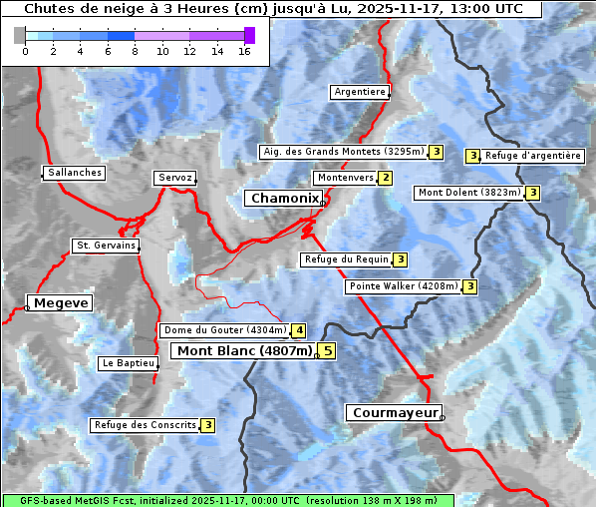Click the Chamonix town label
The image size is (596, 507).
[283, 199]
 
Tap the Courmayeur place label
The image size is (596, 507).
[394, 412]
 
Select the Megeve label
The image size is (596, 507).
[60, 302]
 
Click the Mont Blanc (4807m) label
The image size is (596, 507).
[244, 350]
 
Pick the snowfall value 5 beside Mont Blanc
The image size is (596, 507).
[327, 350]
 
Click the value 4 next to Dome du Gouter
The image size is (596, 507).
[298, 330]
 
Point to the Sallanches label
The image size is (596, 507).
[75, 173]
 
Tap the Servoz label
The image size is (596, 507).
[175, 178]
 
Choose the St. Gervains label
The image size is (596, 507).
[106, 246]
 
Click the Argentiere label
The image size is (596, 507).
[360, 92]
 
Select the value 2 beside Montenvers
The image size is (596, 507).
[385, 178]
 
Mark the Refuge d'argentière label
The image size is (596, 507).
[533, 156]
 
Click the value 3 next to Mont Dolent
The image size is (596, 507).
[533, 193]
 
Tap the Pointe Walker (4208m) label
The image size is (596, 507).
[403, 286]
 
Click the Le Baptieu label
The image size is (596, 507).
[128, 363]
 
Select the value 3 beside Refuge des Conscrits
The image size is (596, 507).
[207, 425]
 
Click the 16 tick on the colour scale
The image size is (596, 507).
[243, 51]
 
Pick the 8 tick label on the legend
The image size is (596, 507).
[135, 51]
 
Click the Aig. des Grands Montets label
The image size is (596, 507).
[342, 152]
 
